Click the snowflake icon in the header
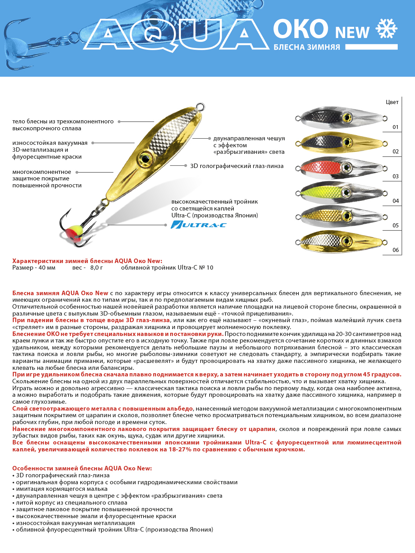click(x=387, y=29)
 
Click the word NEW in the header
click(x=352, y=32)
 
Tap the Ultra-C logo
click(x=199, y=225)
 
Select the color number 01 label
click(x=395, y=127)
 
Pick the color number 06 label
click(x=395, y=250)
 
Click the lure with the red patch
click(x=341, y=168)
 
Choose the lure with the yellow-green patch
click(x=341, y=193)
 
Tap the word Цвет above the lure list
click(x=392, y=102)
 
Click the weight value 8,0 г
click(x=96, y=268)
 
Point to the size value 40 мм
click(x=47, y=268)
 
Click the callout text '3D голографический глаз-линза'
click(x=237, y=166)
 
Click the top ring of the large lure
click(x=200, y=106)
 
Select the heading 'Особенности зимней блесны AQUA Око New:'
click(x=82, y=468)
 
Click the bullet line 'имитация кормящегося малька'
click(x=62, y=489)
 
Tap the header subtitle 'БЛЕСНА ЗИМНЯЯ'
click(x=307, y=47)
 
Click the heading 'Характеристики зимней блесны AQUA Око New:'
click(x=87, y=261)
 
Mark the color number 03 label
click(x=395, y=176)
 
